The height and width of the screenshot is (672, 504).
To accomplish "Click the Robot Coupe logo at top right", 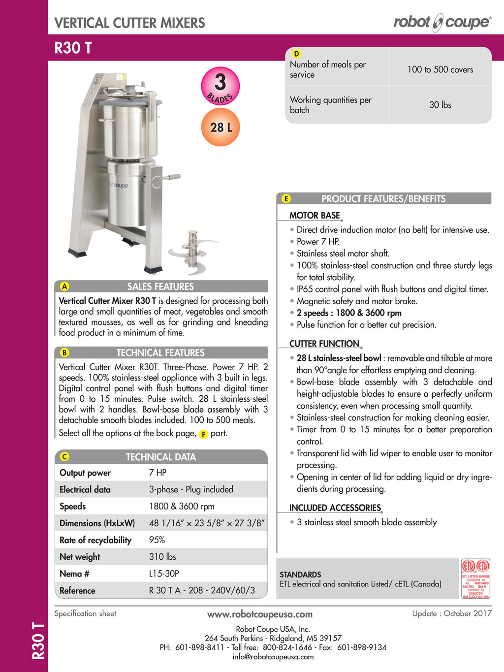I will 442,22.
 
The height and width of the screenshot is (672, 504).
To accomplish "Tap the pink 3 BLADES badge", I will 220,86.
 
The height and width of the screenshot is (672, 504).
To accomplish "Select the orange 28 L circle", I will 220,128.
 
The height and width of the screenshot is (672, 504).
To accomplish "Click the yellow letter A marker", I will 64,287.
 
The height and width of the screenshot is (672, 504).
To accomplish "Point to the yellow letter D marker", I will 296,54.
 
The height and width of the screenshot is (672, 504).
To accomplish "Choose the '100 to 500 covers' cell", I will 440,69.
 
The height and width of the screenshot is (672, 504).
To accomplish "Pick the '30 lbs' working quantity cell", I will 440,105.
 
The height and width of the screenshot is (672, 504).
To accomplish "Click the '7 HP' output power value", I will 158,473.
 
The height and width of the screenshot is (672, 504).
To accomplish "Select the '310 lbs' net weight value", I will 162,557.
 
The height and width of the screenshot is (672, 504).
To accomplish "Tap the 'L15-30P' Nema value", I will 164,574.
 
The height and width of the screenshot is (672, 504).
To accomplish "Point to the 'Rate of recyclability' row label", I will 95,540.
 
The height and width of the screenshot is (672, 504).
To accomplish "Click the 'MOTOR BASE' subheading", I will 315,215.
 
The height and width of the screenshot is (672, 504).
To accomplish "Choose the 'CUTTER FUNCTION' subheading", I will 324,344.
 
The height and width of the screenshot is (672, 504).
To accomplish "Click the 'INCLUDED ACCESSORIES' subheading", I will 335,508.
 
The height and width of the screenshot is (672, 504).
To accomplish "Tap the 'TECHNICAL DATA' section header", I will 161,457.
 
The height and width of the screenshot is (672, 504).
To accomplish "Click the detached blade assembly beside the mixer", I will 192,251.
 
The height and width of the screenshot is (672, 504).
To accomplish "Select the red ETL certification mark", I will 475,578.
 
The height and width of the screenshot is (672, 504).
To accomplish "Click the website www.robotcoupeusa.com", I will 260,614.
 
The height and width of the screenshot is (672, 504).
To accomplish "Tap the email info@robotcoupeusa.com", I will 273,656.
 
